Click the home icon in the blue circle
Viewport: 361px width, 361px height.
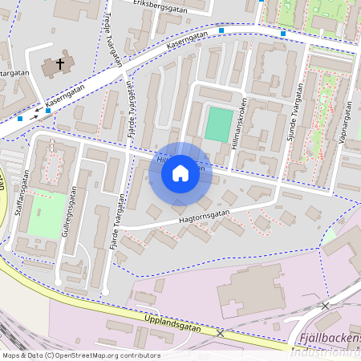180,173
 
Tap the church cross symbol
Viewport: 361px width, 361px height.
60,63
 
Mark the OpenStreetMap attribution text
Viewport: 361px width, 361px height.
81,355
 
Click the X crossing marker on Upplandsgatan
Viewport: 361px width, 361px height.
219,332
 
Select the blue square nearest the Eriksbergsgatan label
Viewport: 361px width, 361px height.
221,30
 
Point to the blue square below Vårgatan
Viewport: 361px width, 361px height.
20,119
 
